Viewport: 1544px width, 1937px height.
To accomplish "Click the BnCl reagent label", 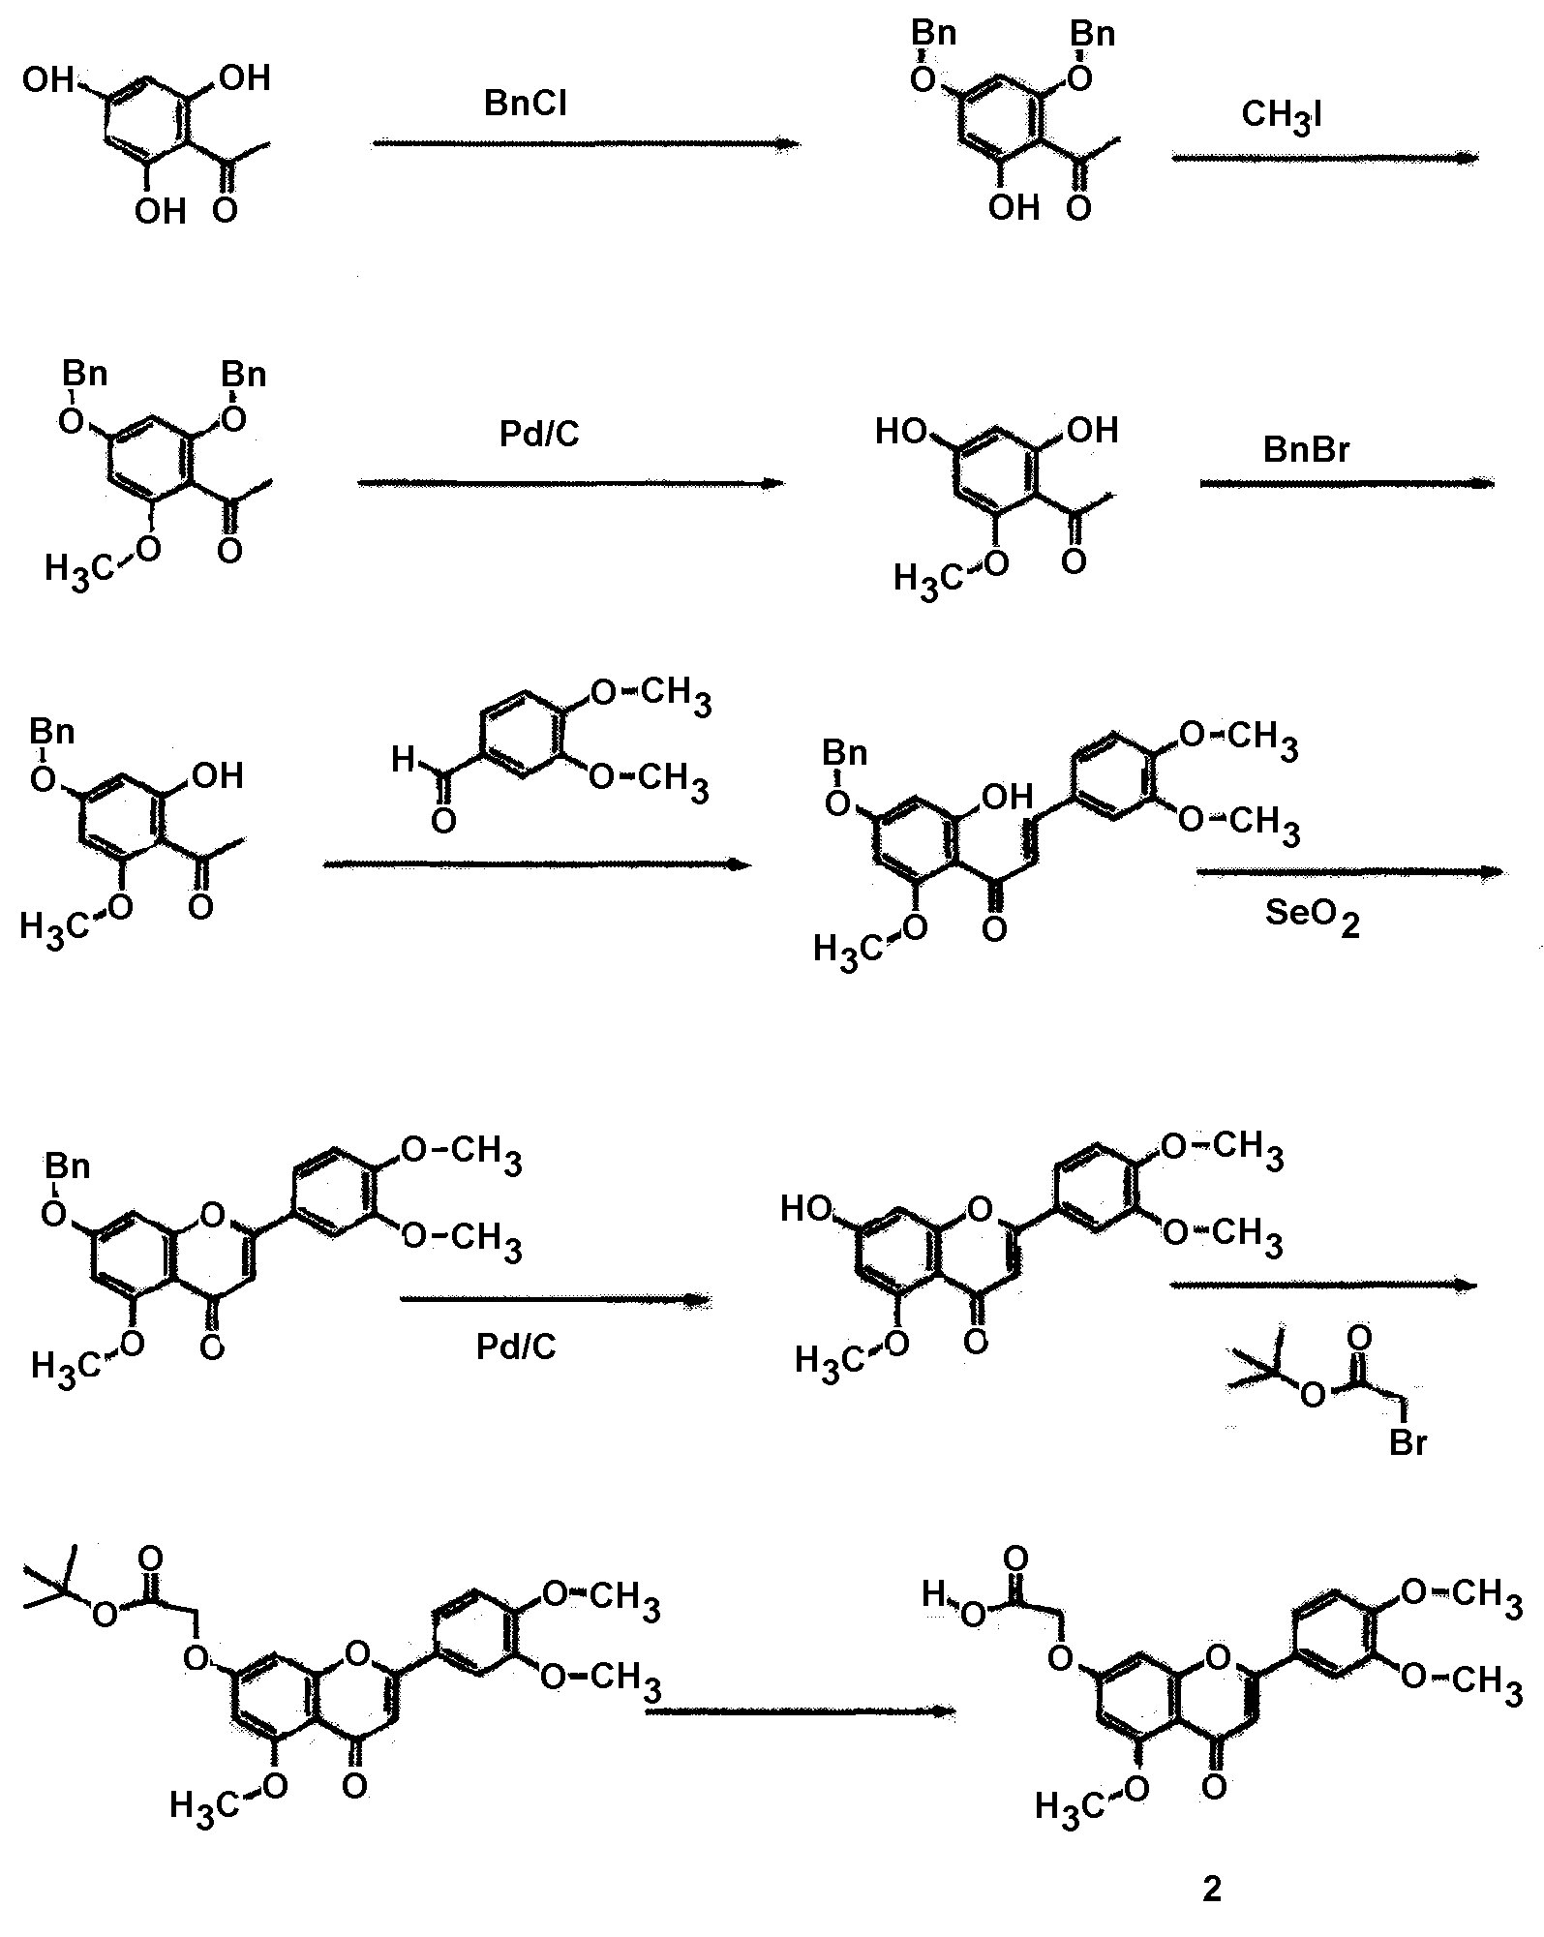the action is [x=525, y=104].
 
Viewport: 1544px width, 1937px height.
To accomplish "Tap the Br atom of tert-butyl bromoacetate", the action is [x=1408, y=1442].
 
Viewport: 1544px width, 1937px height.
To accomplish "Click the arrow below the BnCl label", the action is [x=586, y=143].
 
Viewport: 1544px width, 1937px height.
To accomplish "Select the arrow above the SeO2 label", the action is [x=1349, y=871].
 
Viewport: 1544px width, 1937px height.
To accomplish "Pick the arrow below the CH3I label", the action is [x=1324, y=157].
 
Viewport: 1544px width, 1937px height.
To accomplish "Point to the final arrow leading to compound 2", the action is [x=800, y=1710].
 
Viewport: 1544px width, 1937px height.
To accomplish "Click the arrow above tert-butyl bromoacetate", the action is [x=1324, y=1285].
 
